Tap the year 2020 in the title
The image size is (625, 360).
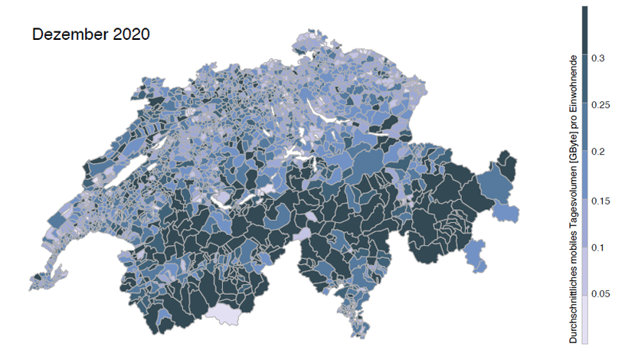coord(126,34)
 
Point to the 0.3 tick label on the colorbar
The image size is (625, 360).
coord(597,57)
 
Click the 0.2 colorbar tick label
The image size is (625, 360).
coord(597,152)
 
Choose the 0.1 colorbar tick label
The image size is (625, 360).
coord(597,247)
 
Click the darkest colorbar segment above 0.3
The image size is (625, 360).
coord(584,31)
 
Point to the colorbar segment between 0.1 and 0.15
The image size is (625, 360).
coord(584,223)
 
